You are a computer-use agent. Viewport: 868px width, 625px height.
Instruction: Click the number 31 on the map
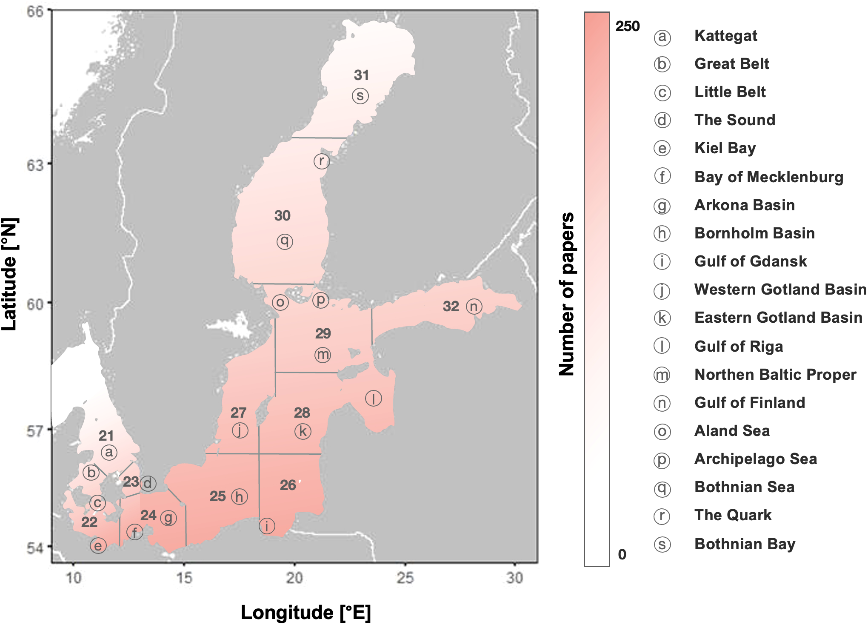(361, 75)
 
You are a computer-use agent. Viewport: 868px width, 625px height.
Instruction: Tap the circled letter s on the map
(360, 96)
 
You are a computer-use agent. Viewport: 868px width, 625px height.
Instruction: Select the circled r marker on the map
(321, 161)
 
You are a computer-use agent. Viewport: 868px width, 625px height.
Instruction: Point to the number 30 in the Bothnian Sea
(282, 216)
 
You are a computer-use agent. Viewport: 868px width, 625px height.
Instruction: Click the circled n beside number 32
(474, 307)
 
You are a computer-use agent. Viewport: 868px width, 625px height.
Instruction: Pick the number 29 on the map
(323, 333)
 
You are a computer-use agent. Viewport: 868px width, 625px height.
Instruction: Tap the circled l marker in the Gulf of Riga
(373, 399)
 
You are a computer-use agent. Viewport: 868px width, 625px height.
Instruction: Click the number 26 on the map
(288, 485)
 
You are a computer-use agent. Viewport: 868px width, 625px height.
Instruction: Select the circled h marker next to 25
(240, 496)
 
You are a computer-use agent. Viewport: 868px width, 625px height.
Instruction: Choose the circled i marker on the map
(267, 526)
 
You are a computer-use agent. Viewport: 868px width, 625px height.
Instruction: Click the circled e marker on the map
(98, 545)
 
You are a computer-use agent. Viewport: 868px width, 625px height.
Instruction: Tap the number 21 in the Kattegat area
(106, 436)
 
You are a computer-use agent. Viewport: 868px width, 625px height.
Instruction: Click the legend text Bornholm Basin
(754, 233)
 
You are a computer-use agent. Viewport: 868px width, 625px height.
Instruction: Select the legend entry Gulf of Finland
(750, 403)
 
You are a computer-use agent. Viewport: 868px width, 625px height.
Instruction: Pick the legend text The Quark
(733, 515)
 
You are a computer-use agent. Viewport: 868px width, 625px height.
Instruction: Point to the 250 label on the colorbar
(627, 26)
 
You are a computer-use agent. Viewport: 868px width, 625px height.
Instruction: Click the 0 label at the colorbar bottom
(622, 554)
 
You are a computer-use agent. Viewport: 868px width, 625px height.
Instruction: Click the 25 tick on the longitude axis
(405, 578)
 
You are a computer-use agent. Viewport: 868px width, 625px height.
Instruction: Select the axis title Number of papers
(566, 294)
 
